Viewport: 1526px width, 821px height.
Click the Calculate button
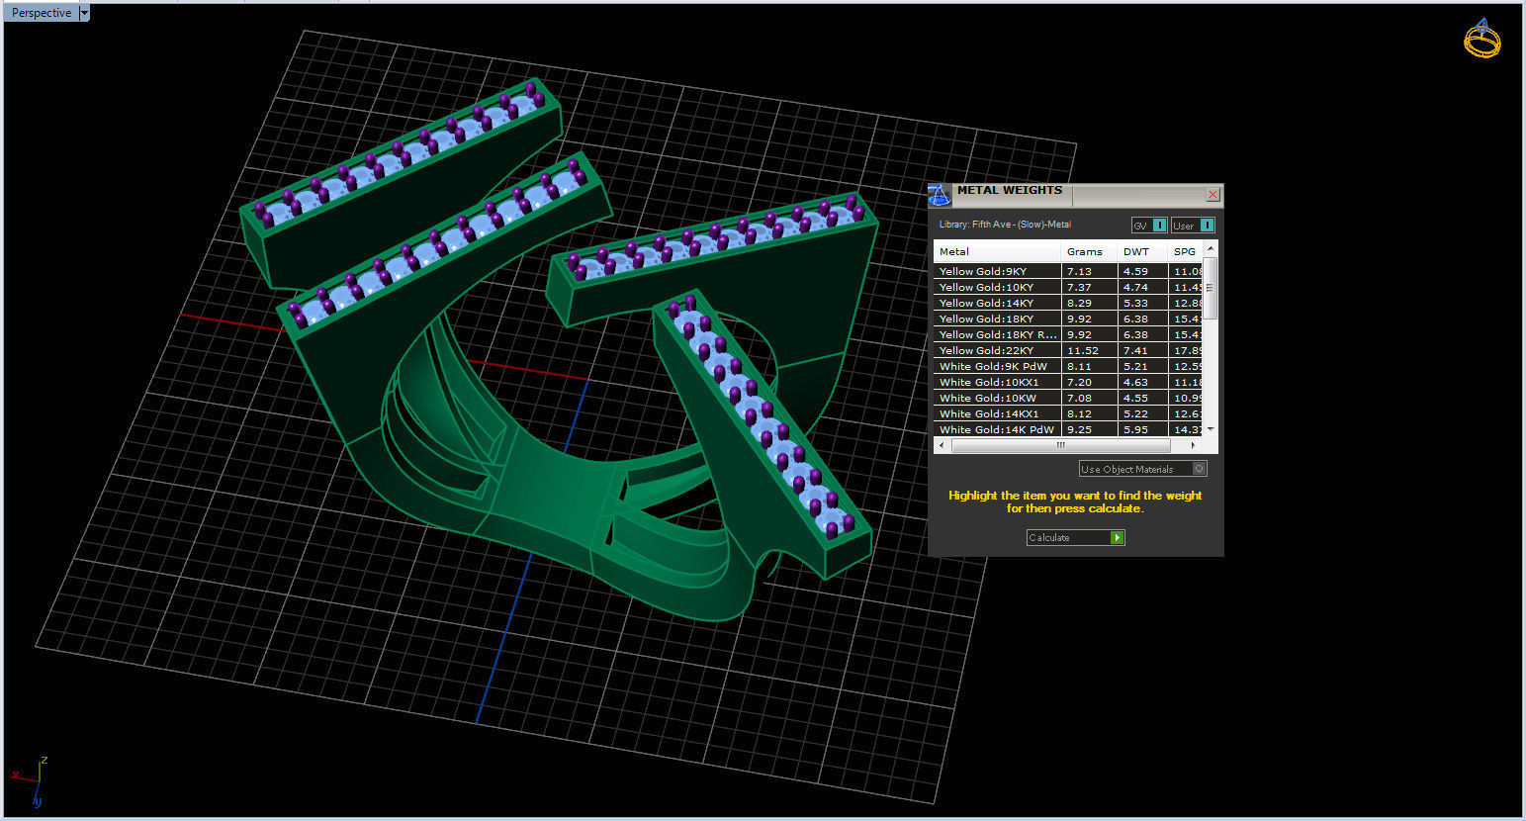click(x=1075, y=537)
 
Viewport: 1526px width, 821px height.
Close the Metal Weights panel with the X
click(x=1212, y=195)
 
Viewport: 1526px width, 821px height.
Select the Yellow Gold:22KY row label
click(x=986, y=350)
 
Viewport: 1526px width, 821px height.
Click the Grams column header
click(x=1085, y=251)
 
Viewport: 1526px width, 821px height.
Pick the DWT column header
click(x=1136, y=251)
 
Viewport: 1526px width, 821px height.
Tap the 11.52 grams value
click(x=1080, y=350)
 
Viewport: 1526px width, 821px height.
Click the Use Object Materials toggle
click(x=1142, y=469)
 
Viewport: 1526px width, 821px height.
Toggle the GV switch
click(x=1149, y=226)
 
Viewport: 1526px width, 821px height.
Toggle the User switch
click(x=1193, y=226)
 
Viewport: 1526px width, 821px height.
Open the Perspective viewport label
click(x=42, y=13)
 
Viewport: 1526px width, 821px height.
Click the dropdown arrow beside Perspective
click(x=84, y=13)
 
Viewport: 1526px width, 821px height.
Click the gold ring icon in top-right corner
click(x=1481, y=39)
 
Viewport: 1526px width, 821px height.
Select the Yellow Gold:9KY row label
click(x=983, y=271)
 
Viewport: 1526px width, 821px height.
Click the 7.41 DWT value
click(x=1135, y=350)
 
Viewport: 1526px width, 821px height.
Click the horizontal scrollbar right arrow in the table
click(x=1193, y=445)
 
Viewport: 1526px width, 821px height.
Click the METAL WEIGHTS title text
click(x=1009, y=190)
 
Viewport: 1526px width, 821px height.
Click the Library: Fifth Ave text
click(x=1005, y=225)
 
